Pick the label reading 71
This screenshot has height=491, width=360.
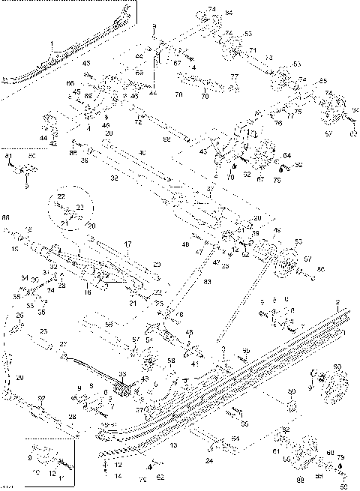tap(253, 50)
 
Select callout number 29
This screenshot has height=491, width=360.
tap(20, 376)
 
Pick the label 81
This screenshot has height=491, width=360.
tap(9, 154)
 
